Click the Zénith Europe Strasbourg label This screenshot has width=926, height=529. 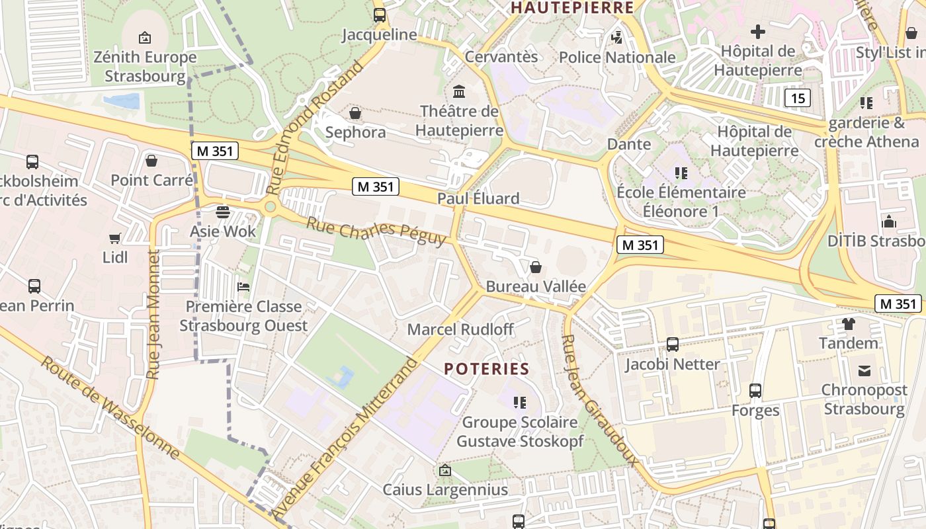tap(145, 66)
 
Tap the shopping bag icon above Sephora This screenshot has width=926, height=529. tap(355, 113)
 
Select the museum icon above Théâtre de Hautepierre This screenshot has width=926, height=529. tap(459, 91)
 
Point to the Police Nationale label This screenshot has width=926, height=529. tap(617, 58)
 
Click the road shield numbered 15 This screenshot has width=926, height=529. tap(798, 99)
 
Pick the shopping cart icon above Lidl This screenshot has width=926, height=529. tap(115, 238)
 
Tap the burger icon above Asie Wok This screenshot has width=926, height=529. tap(223, 212)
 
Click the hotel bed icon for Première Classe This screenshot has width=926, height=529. tap(243, 287)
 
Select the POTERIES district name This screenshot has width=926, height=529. tap(487, 369)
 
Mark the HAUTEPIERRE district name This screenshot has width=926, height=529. tap(573, 8)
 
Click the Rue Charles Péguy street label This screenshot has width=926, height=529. tap(376, 231)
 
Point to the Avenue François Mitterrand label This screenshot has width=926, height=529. tap(346, 438)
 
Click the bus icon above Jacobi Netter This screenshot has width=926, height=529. tap(673, 345)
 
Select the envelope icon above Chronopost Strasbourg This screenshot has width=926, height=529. tap(864, 370)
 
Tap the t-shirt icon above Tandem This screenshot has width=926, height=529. tap(849, 324)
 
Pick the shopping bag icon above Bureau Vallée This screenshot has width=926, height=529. tap(536, 267)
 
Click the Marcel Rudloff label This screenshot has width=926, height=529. tap(460, 329)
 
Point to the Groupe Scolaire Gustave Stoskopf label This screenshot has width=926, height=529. tap(520, 431)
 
